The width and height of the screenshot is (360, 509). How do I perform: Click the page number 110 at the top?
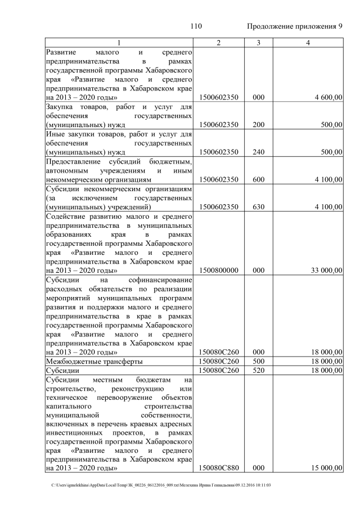(x=196, y=26)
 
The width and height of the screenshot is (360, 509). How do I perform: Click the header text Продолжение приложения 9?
(x=295, y=26)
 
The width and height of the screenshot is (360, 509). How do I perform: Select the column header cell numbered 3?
(x=258, y=43)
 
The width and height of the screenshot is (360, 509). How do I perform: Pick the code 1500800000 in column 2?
(x=219, y=270)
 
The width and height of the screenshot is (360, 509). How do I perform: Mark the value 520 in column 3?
(x=258, y=371)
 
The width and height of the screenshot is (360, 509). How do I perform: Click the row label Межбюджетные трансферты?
(x=94, y=361)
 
